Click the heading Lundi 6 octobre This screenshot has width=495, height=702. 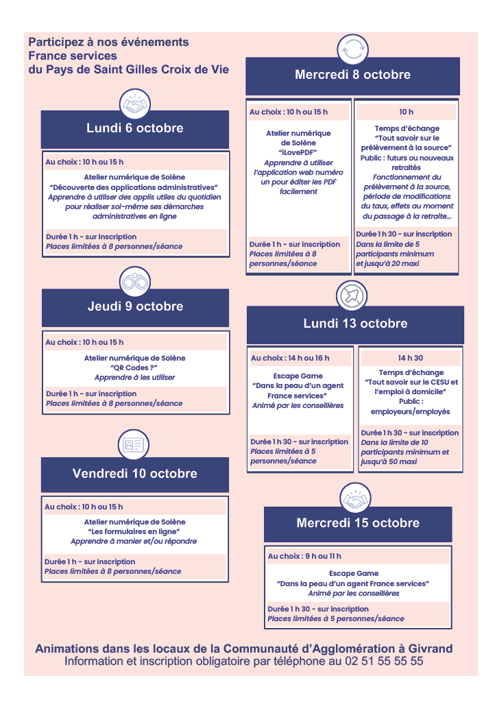[x=135, y=128]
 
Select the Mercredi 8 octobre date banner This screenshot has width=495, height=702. [x=352, y=75]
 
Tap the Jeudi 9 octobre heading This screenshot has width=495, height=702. [x=135, y=306]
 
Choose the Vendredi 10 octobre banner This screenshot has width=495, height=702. [x=135, y=474]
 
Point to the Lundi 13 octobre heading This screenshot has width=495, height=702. [x=355, y=324]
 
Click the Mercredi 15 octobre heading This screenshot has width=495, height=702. [x=358, y=523]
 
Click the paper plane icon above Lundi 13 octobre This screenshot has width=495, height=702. [x=352, y=297]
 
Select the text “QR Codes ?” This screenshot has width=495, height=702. [x=134, y=367]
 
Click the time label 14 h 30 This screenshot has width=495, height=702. [x=410, y=358]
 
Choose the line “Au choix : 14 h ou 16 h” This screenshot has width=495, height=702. [x=290, y=358]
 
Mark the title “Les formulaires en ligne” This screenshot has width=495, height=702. [x=134, y=531]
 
